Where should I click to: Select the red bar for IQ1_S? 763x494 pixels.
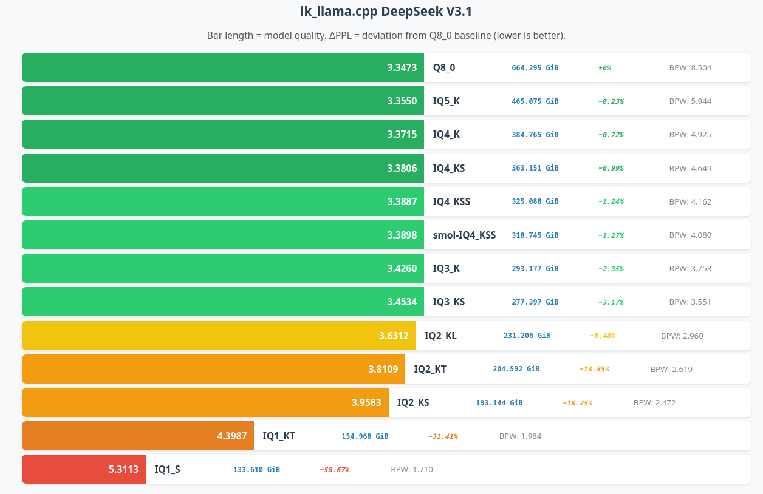tap(84, 469)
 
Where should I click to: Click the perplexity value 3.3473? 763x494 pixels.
tap(402, 67)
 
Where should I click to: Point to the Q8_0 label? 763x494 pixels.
tap(444, 67)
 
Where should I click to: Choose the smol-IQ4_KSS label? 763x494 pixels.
tap(464, 235)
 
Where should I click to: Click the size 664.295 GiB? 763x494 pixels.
tap(535, 67)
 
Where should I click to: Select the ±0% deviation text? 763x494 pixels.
tap(604, 68)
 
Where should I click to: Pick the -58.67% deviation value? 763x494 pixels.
tap(334, 470)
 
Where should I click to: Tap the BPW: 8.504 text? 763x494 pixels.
tap(690, 67)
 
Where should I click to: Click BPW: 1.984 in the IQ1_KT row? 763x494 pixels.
tap(520, 436)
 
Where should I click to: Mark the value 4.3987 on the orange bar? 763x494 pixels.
tap(231, 436)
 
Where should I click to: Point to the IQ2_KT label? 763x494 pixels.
tap(430, 369)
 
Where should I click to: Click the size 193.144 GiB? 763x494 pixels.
tap(499, 402)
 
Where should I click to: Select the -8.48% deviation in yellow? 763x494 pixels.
tap(602, 336)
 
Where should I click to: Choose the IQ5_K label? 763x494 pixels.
tap(446, 101)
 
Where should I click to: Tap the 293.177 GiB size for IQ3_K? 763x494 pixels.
tap(535, 268)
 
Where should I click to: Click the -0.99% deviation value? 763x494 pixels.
tap(611, 168)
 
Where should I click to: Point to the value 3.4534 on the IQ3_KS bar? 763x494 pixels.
tap(402, 302)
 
